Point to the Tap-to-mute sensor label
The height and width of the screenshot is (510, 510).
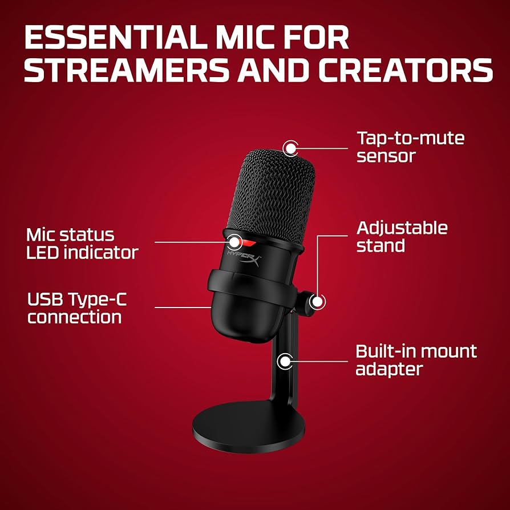(410, 147)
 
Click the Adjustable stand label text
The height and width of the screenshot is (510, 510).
(402, 237)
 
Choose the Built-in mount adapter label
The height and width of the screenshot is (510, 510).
(416, 359)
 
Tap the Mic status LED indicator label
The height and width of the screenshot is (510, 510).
(82, 244)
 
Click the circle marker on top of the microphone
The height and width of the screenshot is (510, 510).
(291, 148)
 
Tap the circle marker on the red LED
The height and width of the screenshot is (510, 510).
(234, 240)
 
